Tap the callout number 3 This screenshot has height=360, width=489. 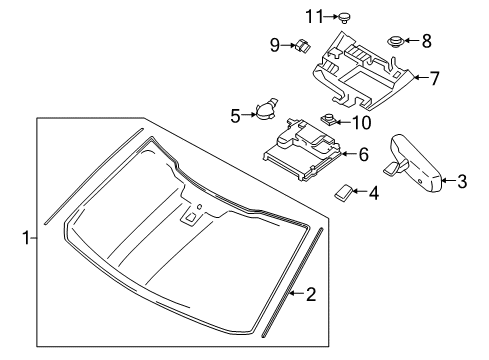pos(461,181)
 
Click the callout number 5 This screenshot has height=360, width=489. pos(236,116)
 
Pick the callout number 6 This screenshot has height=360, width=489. pos(363,154)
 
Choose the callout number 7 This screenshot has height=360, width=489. pos(434,76)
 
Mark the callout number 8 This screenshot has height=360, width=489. pos(426,41)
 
